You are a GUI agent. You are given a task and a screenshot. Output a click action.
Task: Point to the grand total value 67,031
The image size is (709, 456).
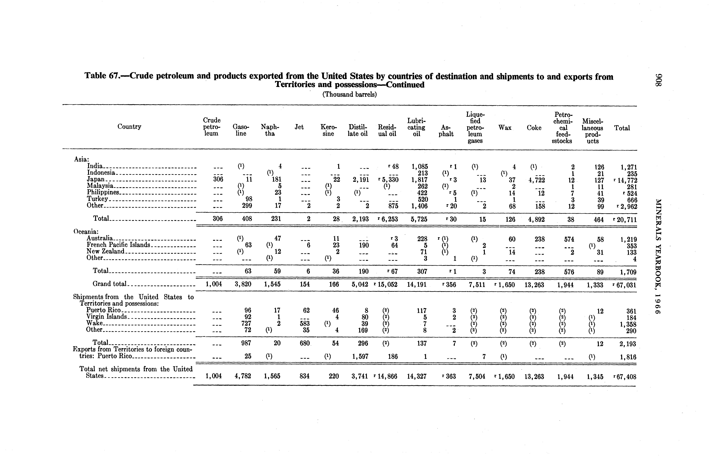[x=625, y=285]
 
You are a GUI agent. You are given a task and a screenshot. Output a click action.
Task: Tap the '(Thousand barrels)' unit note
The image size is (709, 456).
[x=349, y=94]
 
